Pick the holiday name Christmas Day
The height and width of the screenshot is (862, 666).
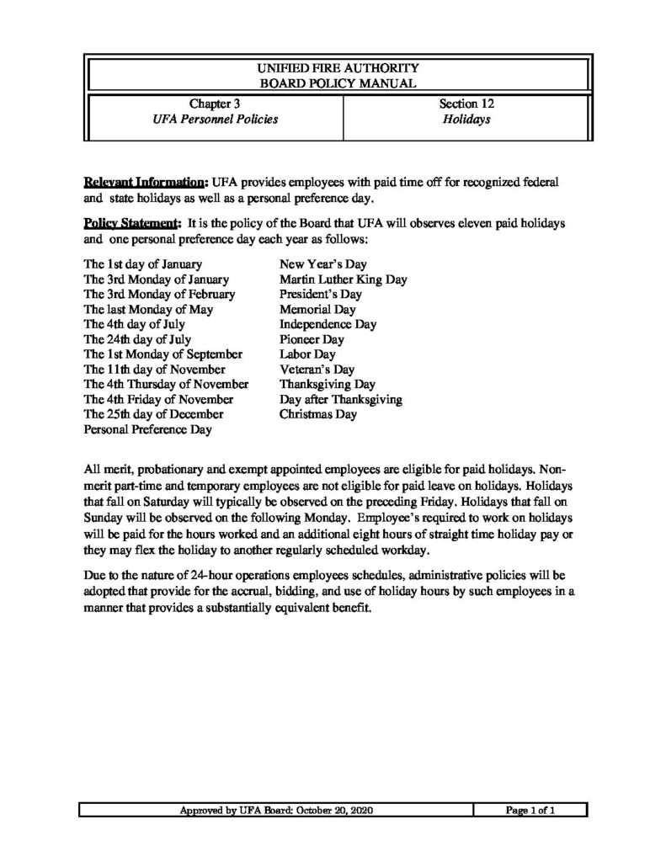(x=317, y=414)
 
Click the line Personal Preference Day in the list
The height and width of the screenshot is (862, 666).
(x=147, y=429)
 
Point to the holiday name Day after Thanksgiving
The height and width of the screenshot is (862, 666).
(x=340, y=399)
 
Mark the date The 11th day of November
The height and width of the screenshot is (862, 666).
(x=154, y=369)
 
